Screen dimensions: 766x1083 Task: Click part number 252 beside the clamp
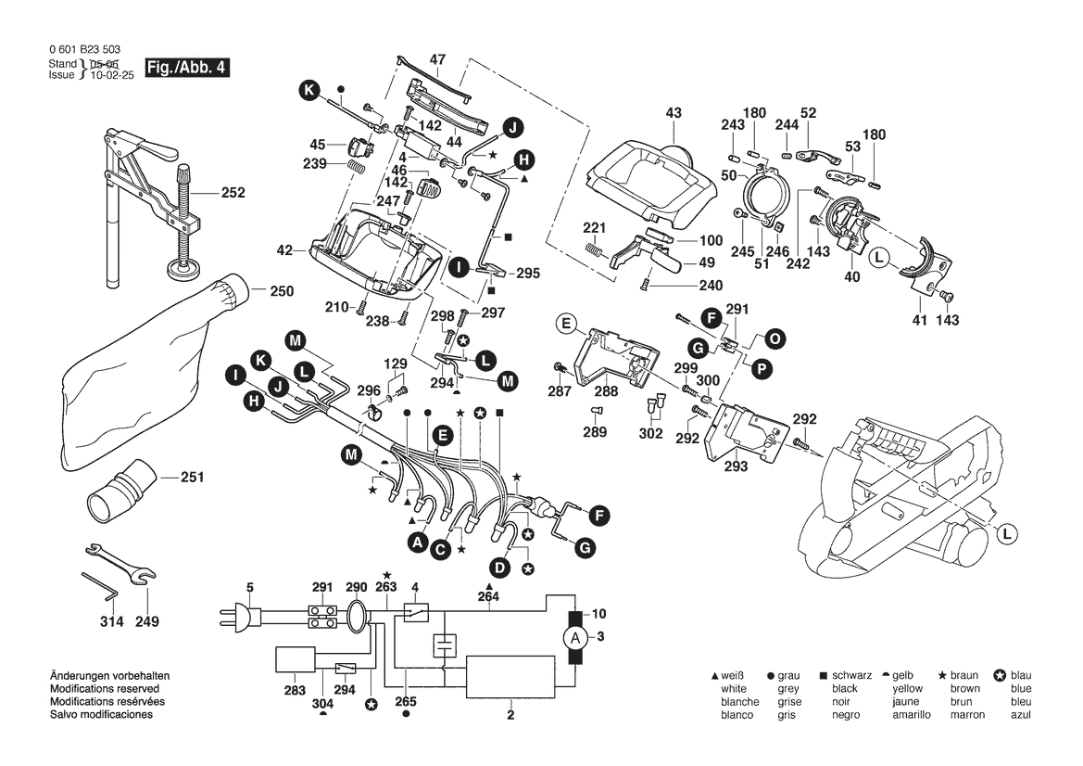233,193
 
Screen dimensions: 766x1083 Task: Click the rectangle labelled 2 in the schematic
510,683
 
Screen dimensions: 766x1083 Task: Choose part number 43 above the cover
673,113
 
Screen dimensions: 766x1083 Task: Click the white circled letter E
565,324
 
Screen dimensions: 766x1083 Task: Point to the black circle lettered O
774,339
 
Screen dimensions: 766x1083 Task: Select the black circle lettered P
762,369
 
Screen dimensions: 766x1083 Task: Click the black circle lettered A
418,541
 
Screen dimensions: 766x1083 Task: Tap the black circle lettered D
500,566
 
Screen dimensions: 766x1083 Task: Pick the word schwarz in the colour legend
851,676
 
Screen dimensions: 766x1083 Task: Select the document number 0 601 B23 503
83,49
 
